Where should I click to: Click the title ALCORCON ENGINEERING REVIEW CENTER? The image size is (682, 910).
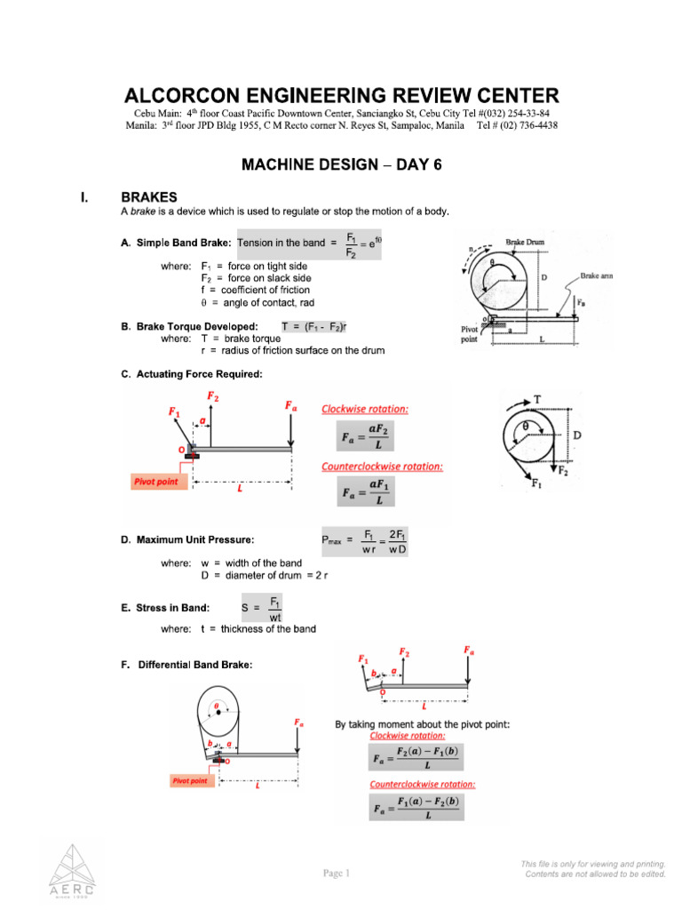[x=342, y=96]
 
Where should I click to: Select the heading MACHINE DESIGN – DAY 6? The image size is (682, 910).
[x=342, y=165]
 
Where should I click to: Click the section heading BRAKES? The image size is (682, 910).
[x=148, y=197]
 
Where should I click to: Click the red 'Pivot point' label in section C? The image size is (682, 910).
[x=155, y=482]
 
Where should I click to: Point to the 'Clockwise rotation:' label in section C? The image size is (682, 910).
[x=365, y=409]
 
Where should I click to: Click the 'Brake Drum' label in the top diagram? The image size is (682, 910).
[x=526, y=242]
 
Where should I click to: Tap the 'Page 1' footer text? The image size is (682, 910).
[x=337, y=873]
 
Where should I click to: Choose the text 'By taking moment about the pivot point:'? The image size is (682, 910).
[x=422, y=725]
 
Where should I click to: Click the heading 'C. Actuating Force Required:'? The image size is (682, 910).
[x=191, y=374]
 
